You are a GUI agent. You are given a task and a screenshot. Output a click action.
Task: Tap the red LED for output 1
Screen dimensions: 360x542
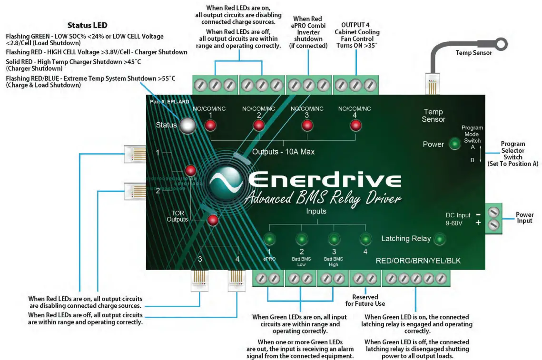pyautogui.click(x=210, y=126)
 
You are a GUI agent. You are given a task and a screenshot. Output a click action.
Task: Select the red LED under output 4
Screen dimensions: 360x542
pyautogui.click(x=355, y=126)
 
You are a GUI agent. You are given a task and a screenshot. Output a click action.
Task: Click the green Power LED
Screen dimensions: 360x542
pyautogui.click(x=455, y=144)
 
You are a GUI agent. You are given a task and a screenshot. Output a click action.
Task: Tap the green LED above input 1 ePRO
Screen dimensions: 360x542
pyautogui.click(x=270, y=239)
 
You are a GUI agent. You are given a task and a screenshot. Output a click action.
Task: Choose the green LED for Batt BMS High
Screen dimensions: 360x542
pyautogui.click(x=334, y=239)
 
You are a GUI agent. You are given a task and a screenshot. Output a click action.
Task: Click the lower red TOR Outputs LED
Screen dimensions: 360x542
pyautogui.click(x=212, y=220)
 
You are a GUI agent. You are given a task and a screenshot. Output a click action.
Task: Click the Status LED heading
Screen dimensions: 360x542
pyautogui.click(x=87, y=25)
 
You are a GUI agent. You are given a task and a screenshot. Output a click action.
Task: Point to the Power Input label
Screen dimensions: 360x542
pyautogui.click(x=524, y=218)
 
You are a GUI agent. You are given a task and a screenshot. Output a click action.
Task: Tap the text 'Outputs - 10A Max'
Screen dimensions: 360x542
pyautogui.click(x=283, y=152)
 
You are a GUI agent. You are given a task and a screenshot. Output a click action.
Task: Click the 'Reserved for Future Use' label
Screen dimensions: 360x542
pyautogui.click(x=365, y=300)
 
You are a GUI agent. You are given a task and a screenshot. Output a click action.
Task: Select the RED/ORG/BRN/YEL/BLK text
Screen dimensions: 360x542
pyautogui.click(x=418, y=261)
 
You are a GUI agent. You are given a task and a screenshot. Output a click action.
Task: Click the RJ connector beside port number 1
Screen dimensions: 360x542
pyautogui.click(x=135, y=154)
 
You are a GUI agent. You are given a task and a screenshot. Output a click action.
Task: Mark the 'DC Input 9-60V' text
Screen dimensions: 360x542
pyautogui.click(x=458, y=219)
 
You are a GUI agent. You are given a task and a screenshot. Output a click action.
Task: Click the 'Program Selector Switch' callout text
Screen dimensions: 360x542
pyautogui.click(x=512, y=154)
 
